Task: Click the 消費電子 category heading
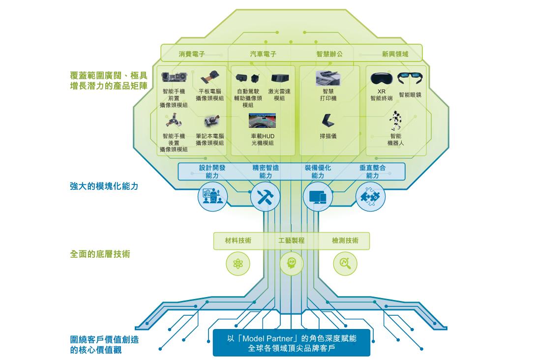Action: click(192, 54)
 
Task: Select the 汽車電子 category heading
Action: click(263, 54)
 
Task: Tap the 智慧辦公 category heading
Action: click(329, 54)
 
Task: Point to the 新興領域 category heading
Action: click(395, 54)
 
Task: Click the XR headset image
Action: click(382, 78)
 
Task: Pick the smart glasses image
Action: click(411, 78)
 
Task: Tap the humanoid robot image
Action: click(396, 120)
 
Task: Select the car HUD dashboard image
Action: click(262, 120)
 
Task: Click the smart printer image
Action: click(327, 78)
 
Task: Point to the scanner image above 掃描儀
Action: click(328, 120)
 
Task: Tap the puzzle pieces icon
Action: click(370, 197)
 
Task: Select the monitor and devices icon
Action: click(318, 197)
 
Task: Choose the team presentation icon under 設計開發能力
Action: click(212, 197)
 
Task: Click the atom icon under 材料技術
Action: click(238, 264)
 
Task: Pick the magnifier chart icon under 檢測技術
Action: click(345, 263)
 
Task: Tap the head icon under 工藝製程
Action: click(292, 263)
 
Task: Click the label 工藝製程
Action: click(292, 240)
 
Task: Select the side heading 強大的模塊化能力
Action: click(104, 186)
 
